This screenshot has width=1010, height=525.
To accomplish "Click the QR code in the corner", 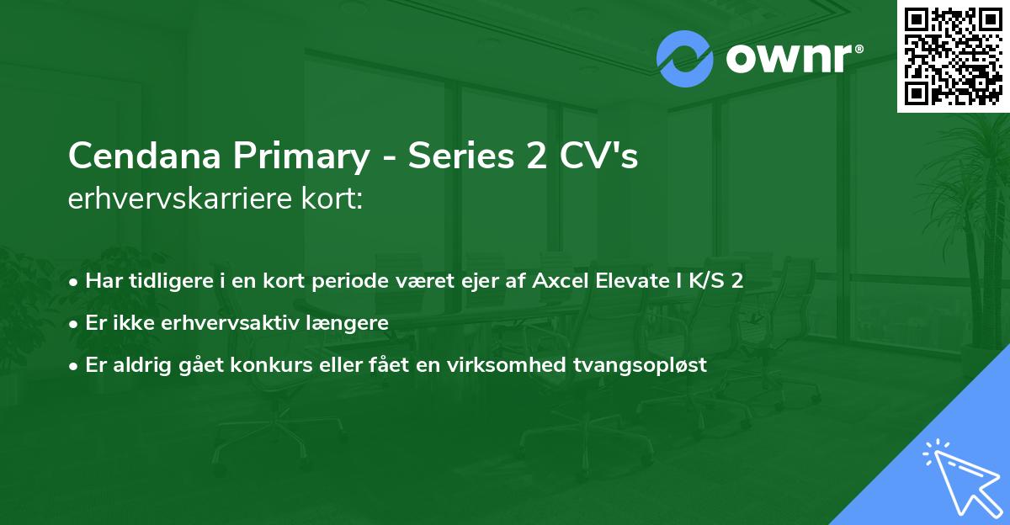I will click(x=953, y=55).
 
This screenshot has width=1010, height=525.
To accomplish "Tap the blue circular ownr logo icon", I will click(x=685, y=59).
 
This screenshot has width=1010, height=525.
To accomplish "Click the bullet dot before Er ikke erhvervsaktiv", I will click(x=76, y=323).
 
